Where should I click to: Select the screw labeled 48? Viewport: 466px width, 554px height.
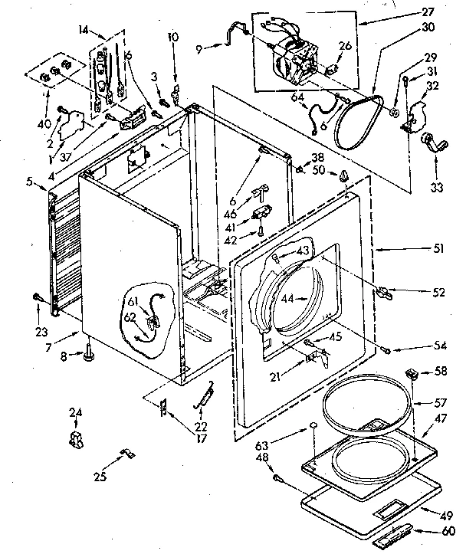277,478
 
